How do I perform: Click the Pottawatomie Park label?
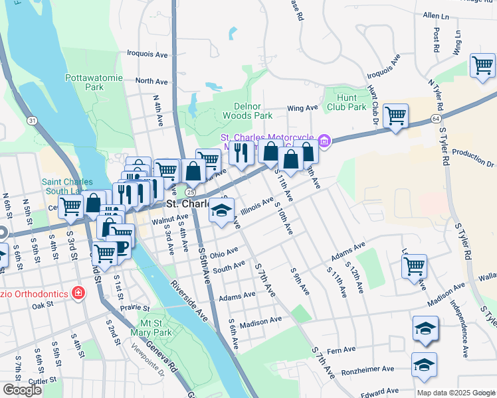(94, 82)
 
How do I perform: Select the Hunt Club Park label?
(347, 102)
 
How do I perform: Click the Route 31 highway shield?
(32, 120)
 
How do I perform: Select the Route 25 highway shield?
(191, 192)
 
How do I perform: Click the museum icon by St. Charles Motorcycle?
(324, 141)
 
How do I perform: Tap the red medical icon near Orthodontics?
(79, 292)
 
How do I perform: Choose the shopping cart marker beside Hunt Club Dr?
(395, 116)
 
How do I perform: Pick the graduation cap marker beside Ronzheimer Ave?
(424, 365)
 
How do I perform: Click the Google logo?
(21, 390)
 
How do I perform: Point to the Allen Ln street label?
(436, 14)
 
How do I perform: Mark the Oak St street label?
(41, 305)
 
